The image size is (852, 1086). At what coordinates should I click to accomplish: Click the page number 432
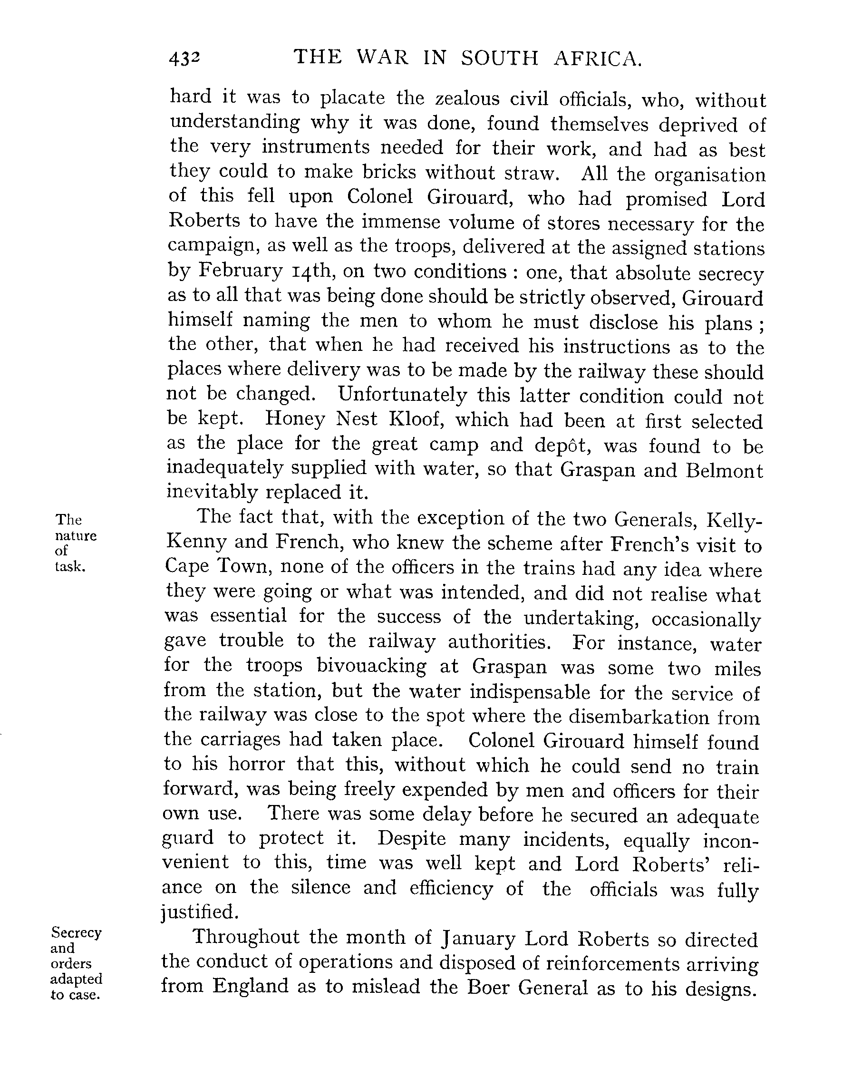pos(184,58)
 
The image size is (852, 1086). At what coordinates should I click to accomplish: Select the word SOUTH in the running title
pos(499,58)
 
